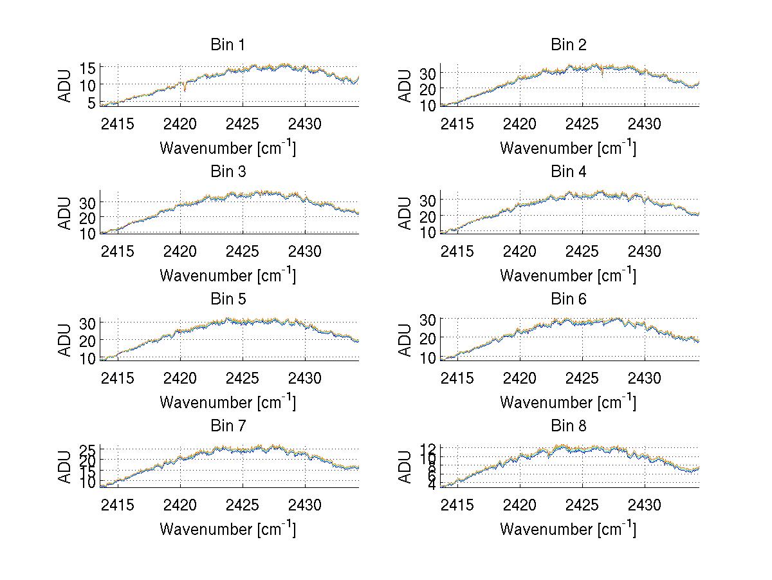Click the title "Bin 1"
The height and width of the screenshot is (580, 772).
228,45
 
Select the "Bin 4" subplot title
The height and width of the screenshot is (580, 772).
569,172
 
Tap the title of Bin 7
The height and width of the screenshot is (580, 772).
228,426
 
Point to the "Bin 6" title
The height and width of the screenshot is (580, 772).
569,299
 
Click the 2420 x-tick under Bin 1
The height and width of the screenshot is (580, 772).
181,124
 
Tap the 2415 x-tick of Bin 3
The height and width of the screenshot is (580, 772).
118,250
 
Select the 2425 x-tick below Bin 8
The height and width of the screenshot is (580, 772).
583,505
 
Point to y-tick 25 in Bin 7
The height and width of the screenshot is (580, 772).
87,449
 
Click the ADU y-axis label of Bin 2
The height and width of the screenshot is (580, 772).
405,86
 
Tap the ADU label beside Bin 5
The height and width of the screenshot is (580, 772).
65,340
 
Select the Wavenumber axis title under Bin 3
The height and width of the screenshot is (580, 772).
228,275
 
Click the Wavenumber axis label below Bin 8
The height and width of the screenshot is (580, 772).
569,529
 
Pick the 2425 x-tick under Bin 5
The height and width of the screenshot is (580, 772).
243,378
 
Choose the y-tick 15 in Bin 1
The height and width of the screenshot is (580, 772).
87,67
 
